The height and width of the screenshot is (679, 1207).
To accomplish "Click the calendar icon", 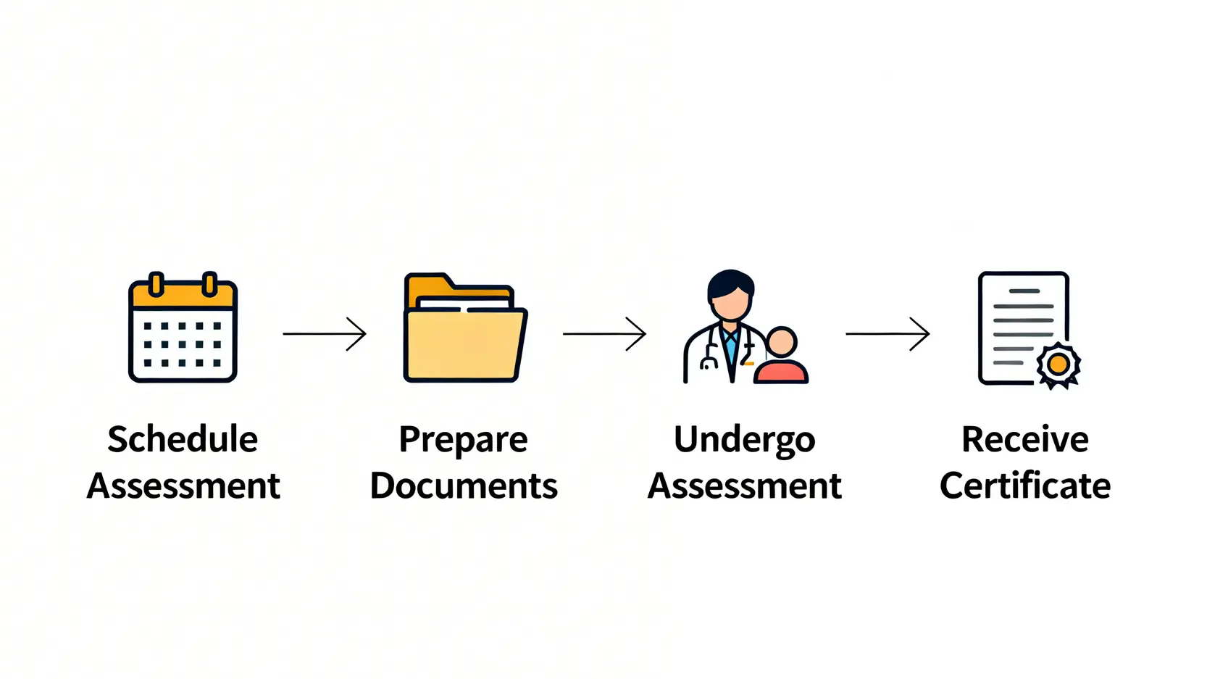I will tap(183, 328).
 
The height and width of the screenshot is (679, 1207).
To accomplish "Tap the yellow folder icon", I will tap(464, 330).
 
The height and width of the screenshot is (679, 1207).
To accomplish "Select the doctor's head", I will tap(730, 293).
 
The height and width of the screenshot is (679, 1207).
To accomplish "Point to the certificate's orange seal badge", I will tap(1058, 364).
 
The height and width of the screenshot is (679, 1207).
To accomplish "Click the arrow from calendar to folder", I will tap(325, 333).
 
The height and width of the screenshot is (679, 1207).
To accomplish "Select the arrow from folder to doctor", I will tap(604, 333).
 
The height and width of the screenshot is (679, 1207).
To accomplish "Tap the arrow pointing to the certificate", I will tap(887, 333).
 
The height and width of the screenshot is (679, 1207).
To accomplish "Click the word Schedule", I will tap(183, 439).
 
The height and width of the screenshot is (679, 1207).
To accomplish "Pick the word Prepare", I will tap(463, 440).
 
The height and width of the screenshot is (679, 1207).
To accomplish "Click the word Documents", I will tap(464, 486).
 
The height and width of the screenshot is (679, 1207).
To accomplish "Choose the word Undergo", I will tap(744, 440).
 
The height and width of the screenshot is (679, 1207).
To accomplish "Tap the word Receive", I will tap(1024, 439).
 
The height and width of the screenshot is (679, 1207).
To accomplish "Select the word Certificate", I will tap(1024, 486).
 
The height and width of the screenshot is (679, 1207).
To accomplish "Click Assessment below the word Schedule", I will tap(183, 486).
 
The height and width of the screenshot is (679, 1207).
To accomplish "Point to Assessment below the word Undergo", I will tap(744, 486).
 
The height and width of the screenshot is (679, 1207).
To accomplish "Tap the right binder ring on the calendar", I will tap(209, 284).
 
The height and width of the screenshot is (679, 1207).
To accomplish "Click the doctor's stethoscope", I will tap(710, 353).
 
